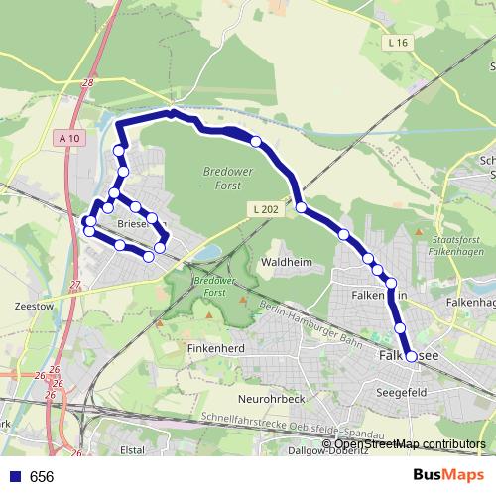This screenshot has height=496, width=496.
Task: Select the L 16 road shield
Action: pos(399,43)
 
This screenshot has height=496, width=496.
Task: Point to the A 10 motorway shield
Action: pos(68,138)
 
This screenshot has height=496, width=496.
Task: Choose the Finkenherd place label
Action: pos(217,349)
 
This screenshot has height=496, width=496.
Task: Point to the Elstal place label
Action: pos(133,447)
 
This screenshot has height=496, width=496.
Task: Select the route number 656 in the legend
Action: pos(42,477)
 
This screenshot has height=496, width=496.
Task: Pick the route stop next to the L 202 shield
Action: pos(300,207)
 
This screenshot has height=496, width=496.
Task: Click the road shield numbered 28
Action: pos(88,83)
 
